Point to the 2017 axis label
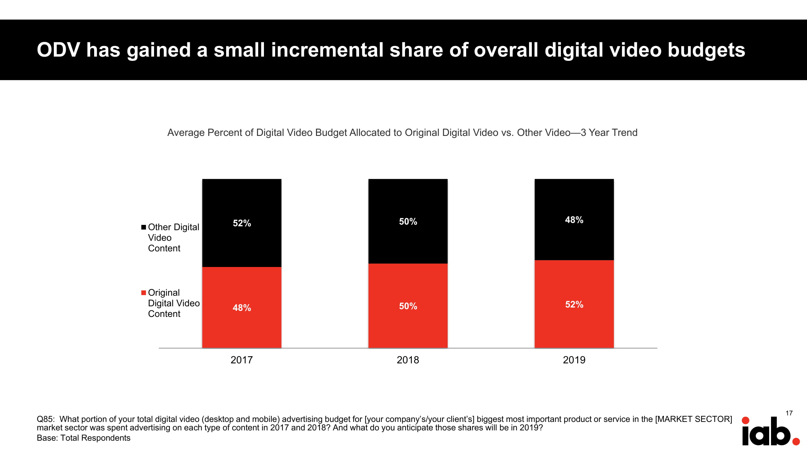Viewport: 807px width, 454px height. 242,360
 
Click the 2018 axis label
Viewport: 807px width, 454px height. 408,360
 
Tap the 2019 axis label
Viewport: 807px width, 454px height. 574,360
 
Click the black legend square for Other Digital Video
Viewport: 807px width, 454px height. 143,227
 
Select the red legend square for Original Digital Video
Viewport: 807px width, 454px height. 143,293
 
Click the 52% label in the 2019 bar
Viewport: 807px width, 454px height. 574,304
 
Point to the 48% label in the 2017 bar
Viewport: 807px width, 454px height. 242,308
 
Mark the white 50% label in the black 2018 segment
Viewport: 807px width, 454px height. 408,222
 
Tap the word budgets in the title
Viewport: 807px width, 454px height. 706,50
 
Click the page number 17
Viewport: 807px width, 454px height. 789,413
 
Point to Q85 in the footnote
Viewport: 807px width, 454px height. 45,419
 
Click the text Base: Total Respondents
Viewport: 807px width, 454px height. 83,438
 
